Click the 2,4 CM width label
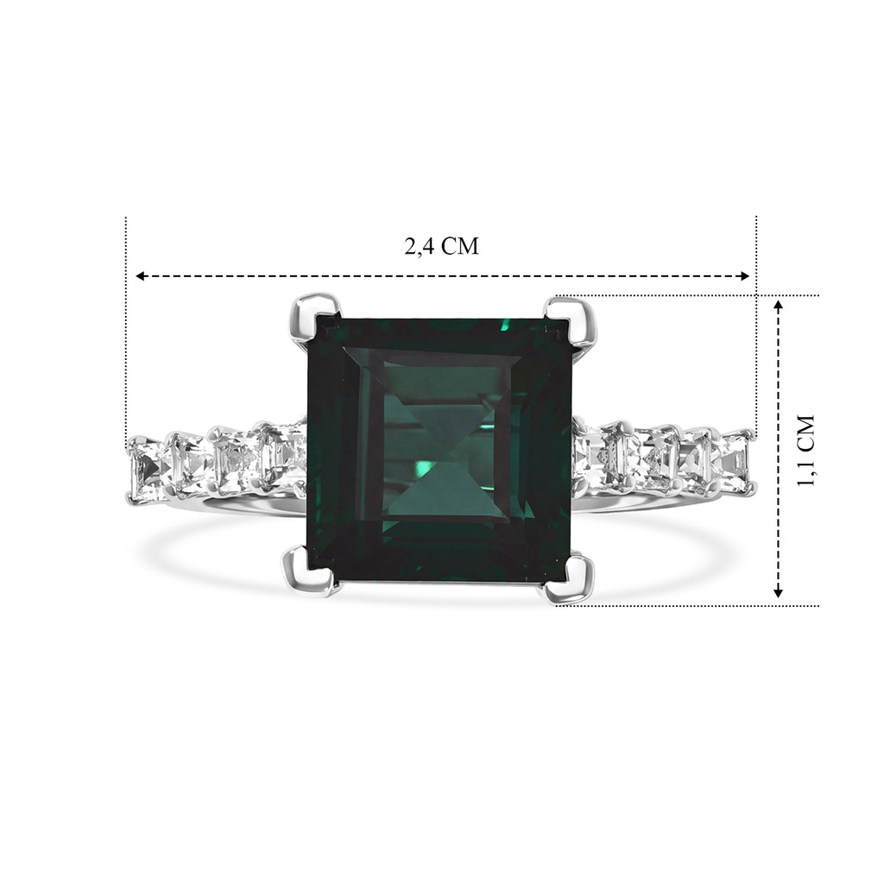pos(441,246)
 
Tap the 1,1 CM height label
pos(806,451)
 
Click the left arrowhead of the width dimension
pos(141,276)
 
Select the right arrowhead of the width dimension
pos(744,276)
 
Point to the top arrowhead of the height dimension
pos(778,306)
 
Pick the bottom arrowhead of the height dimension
pos(778,592)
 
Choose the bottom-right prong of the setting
pos(570,576)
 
